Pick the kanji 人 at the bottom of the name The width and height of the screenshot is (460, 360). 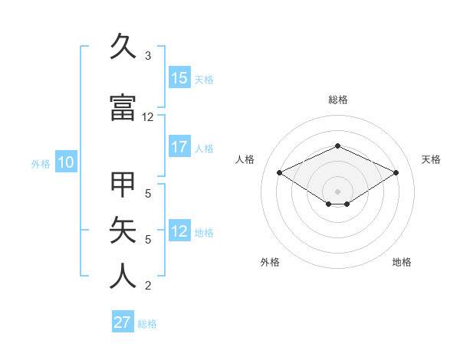pyautogui.click(x=123, y=276)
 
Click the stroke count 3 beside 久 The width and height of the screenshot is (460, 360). pyautogui.click(x=148, y=56)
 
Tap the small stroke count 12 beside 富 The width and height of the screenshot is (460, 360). pyautogui.click(x=148, y=117)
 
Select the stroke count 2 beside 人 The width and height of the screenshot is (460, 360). pyautogui.click(x=148, y=286)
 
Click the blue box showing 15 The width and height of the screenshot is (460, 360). pyautogui.click(x=179, y=78)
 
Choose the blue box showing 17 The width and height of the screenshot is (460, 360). pyautogui.click(x=179, y=147)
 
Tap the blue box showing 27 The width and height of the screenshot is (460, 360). pyautogui.click(x=123, y=322)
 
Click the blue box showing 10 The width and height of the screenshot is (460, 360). pyautogui.click(x=65, y=162)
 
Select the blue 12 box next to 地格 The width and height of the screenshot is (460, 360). pyautogui.click(x=179, y=231)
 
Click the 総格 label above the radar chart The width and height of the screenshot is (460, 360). pyautogui.click(x=338, y=100)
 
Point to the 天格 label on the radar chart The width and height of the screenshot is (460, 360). pyautogui.click(x=431, y=159)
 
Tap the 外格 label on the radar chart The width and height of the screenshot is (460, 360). pyautogui.click(x=270, y=262)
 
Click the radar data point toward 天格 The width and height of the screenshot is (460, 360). pyautogui.click(x=396, y=172)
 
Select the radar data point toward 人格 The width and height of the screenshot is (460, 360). pyautogui.click(x=279, y=172)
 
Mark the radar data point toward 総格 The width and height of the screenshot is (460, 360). pyautogui.click(x=338, y=146)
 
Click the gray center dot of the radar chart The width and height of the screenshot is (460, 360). pyautogui.click(x=338, y=191)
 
